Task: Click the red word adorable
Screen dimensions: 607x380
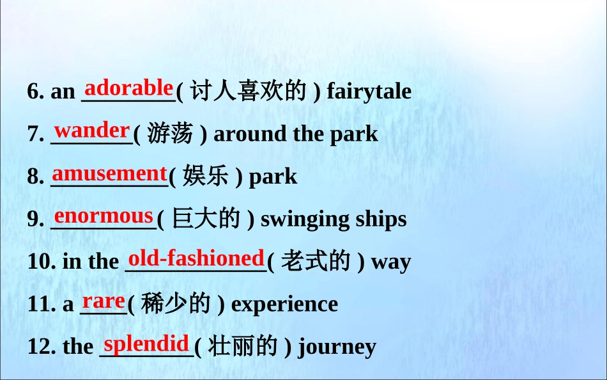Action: coord(128,88)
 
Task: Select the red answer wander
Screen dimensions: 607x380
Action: coord(92,131)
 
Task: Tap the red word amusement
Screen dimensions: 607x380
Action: coord(109,173)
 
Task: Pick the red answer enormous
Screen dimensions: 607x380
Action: coord(104,216)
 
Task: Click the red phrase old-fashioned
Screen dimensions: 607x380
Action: coord(196,258)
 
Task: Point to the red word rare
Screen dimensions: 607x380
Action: coord(104,301)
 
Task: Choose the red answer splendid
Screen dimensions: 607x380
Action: coord(146,344)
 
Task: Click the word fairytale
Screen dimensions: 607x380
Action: coord(369,92)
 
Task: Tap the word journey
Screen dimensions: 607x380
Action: coord(337,347)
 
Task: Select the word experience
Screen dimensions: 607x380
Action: coord(284,304)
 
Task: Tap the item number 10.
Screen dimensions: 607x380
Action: coord(42,262)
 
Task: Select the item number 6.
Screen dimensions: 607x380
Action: coord(36,91)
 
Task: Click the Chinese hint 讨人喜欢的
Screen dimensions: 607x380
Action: coord(249,90)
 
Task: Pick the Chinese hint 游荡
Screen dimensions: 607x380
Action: coord(170,133)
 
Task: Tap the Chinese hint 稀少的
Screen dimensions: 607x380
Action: coord(176,303)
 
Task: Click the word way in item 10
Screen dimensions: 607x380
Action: coord(391,262)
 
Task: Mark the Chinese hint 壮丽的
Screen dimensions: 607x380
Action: coord(243,346)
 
